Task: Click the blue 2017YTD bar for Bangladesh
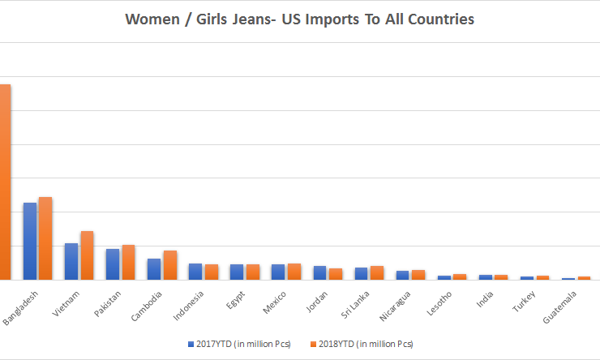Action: point(29,241)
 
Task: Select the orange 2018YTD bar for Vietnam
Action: point(87,255)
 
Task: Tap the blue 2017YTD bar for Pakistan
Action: point(113,264)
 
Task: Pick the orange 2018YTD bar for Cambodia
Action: point(169,265)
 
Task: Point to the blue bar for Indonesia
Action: point(195,272)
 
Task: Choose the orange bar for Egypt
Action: point(252,272)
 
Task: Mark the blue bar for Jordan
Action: point(319,272)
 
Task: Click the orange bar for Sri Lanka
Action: point(376,272)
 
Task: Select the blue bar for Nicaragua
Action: point(403,275)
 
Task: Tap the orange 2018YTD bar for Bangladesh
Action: point(45,238)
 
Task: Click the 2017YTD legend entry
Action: point(238,344)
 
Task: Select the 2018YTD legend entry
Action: point(362,344)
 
